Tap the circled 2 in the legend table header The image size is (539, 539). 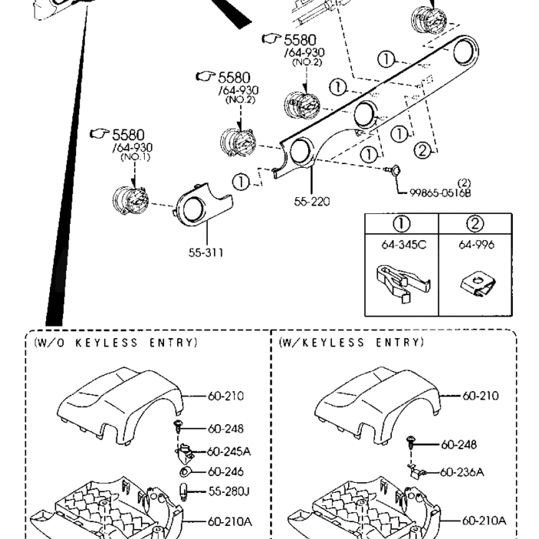(x=476, y=224)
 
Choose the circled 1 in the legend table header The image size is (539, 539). (x=400, y=224)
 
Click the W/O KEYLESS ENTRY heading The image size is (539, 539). (x=115, y=342)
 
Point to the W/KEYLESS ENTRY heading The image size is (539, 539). (x=351, y=342)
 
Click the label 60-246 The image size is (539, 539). (x=226, y=471)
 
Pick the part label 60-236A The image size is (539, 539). (x=463, y=471)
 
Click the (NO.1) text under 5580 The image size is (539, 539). (x=132, y=157)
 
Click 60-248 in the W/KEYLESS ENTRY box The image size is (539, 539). (x=460, y=444)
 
